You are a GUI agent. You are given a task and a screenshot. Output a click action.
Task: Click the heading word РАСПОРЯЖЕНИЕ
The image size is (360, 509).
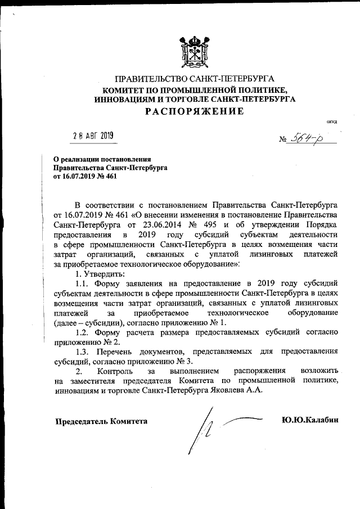tap(195, 111)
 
